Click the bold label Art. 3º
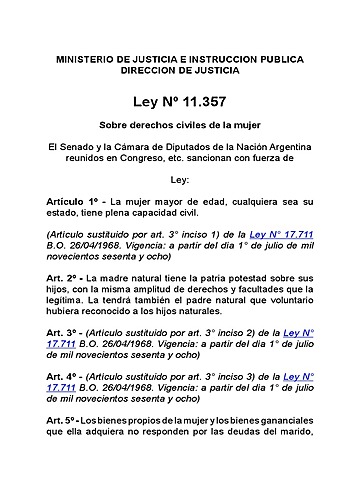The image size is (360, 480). pyautogui.click(x=64, y=359)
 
